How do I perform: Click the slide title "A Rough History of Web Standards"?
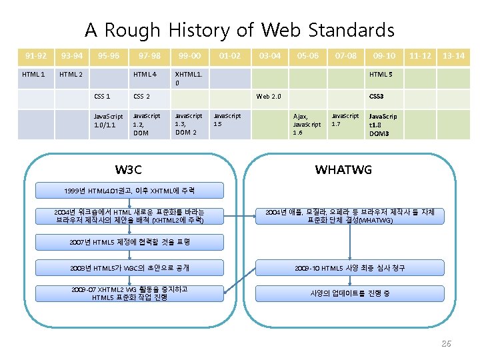click(x=239, y=30)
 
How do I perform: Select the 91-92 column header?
click(x=36, y=56)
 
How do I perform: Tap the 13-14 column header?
click(x=454, y=56)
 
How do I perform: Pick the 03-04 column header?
click(x=269, y=56)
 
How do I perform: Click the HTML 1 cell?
click(x=34, y=74)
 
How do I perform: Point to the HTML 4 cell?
click(x=145, y=74)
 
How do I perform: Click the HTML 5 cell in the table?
click(x=382, y=74)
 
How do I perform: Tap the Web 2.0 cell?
click(x=269, y=97)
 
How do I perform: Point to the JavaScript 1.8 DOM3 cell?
click(x=383, y=125)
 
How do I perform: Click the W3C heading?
click(x=128, y=169)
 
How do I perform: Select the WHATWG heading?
click(x=343, y=169)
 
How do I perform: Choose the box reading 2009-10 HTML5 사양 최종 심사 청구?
click(x=350, y=268)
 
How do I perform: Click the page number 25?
click(x=446, y=343)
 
